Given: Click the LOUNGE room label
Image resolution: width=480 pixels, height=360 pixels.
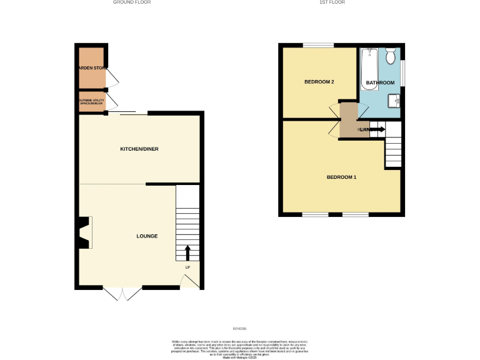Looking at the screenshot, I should [x=147, y=236].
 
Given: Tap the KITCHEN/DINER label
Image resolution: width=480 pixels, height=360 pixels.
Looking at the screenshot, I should [x=139, y=149].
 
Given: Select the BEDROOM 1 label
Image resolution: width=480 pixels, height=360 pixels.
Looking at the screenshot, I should [x=341, y=177].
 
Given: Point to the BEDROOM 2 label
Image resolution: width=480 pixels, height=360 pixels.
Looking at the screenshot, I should [x=319, y=82].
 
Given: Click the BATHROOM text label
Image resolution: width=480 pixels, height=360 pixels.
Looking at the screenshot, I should [x=380, y=82].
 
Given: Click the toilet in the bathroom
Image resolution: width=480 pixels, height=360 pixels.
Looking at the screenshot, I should [x=391, y=57].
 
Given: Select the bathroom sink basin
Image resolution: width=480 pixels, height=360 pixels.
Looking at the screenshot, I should [x=394, y=101].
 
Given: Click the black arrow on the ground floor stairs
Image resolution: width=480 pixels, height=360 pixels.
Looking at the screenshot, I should [x=187, y=252].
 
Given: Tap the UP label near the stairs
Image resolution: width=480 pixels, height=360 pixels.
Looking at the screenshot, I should [x=187, y=267].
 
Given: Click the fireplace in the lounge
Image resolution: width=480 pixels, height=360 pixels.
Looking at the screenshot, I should [x=85, y=232].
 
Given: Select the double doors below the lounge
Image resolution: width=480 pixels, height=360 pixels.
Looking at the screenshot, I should [x=122, y=294].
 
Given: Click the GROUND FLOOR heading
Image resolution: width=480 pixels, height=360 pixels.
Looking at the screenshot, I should [x=131, y=2].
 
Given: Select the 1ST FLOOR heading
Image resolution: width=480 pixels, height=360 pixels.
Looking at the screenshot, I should [x=332, y=2].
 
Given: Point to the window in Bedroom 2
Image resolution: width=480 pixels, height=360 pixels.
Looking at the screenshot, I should [x=319, y=44].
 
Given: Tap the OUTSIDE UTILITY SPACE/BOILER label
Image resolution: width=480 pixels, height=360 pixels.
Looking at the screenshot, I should [x=91, y=101].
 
